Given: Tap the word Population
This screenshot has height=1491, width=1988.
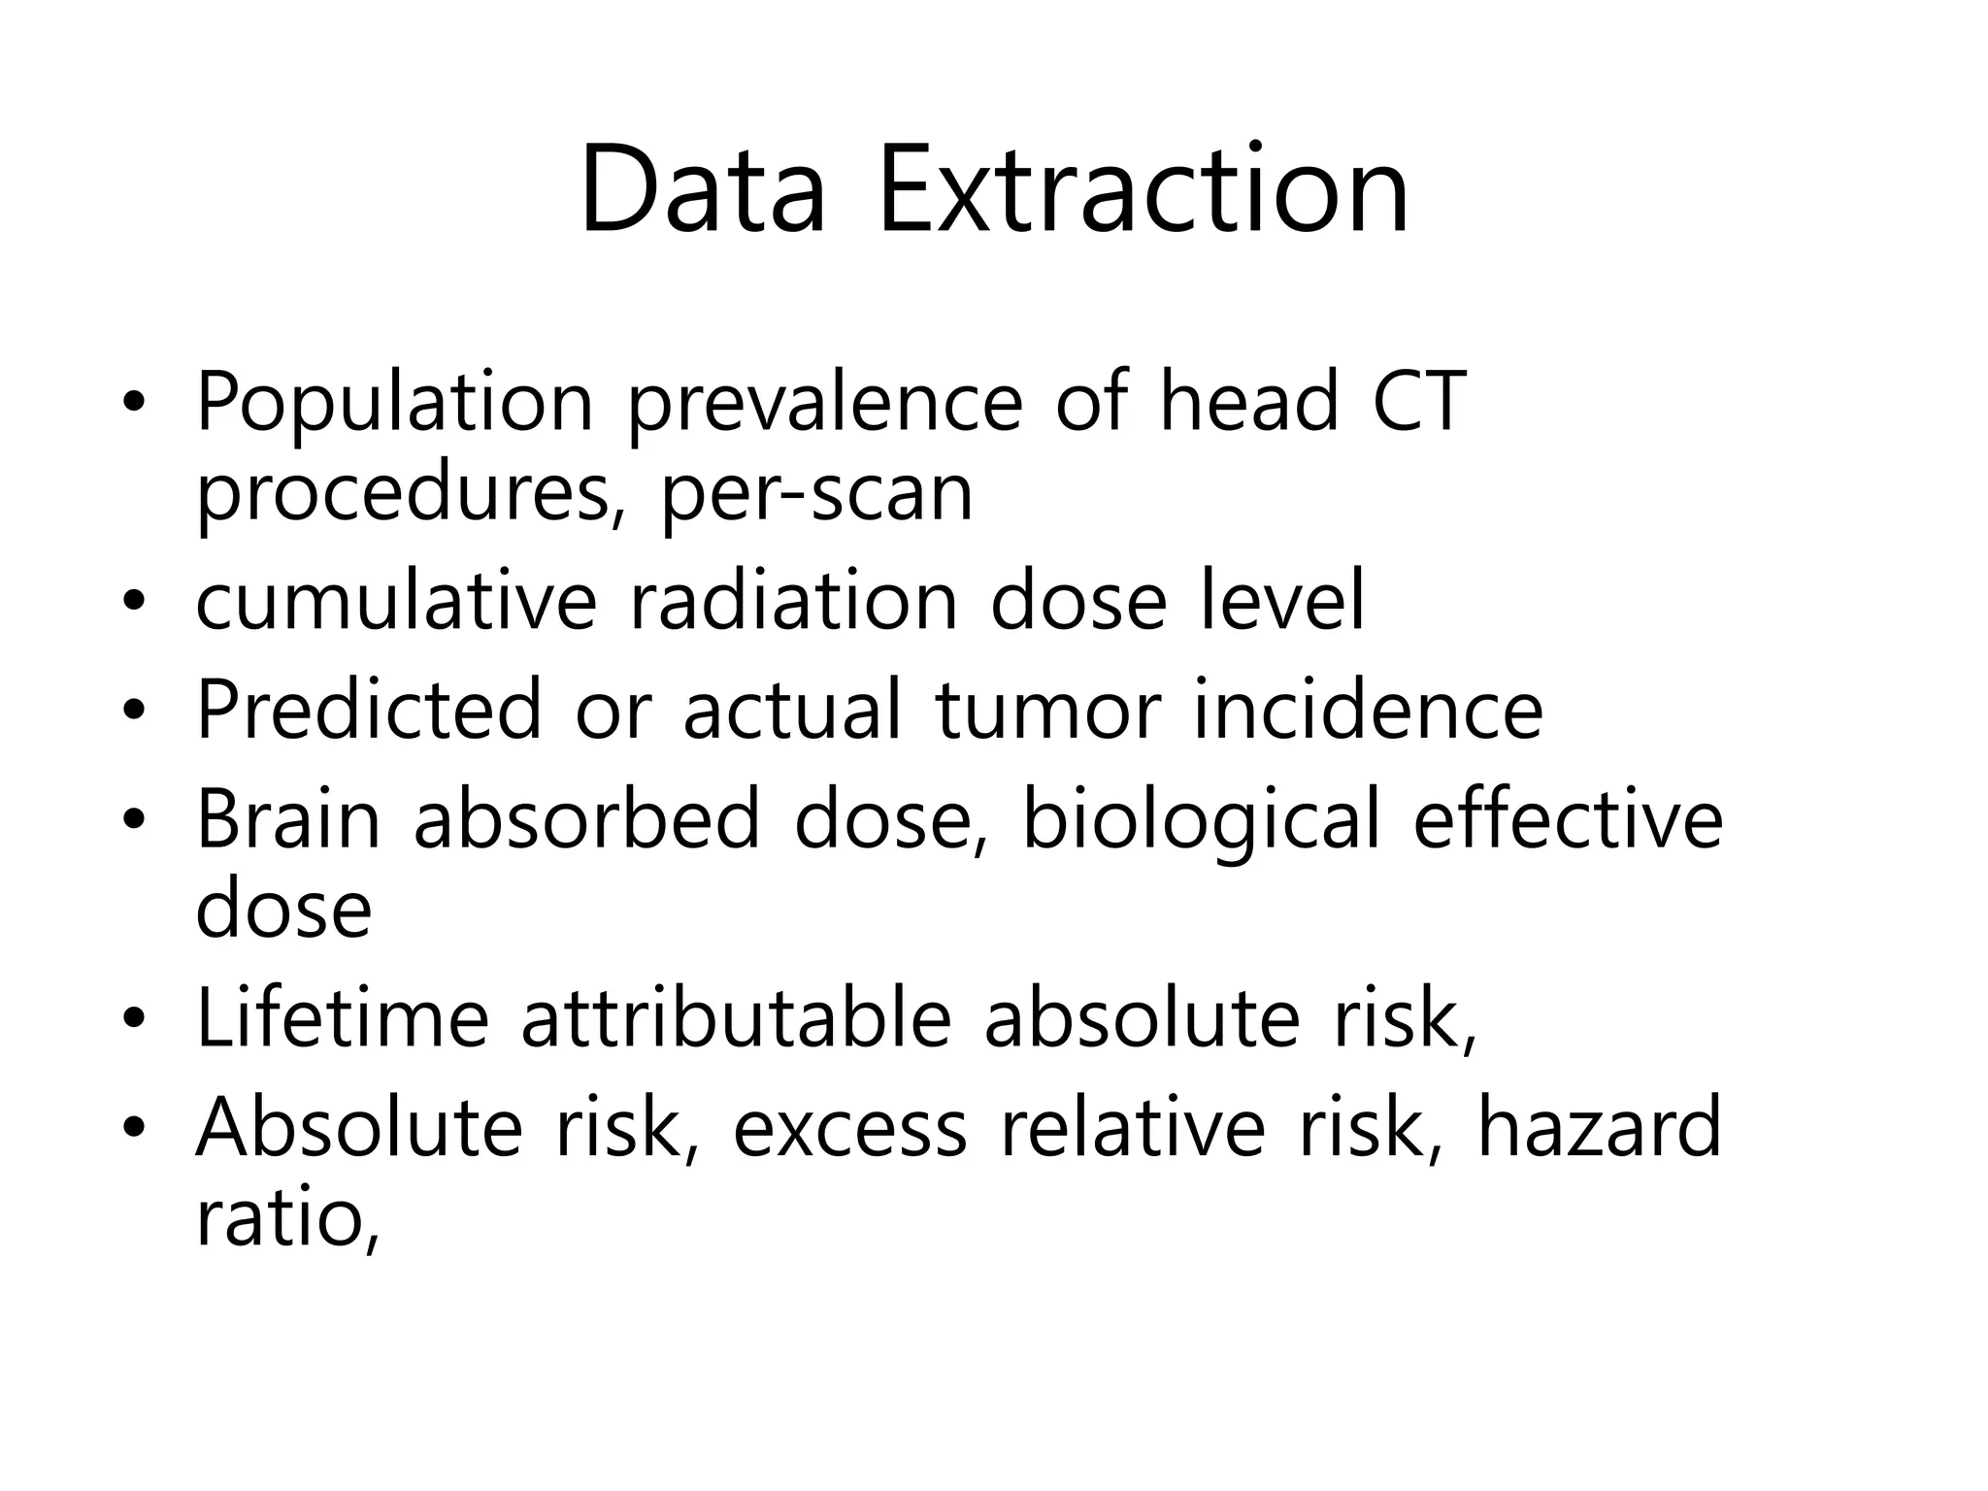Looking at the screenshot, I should click(394, 403).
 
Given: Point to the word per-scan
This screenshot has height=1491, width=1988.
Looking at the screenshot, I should click(816, 493).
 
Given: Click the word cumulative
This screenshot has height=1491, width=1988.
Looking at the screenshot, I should click(395, 601).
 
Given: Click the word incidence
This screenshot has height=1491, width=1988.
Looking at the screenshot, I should click(1368, 710).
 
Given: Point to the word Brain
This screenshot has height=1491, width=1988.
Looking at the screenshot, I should click(288, 819).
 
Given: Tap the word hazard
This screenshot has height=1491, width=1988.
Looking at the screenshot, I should click(1599, 1127).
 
